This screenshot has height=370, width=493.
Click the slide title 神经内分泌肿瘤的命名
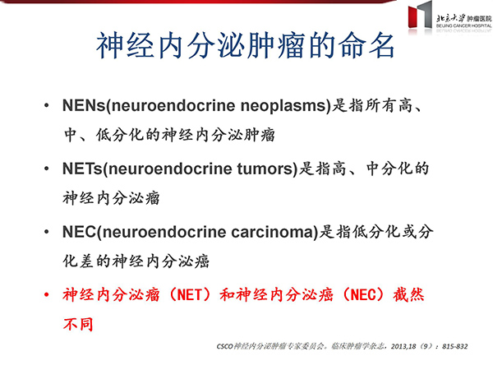pos(245,46)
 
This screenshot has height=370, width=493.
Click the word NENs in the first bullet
pos(85,105)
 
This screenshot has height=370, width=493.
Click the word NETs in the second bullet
pos(82,169)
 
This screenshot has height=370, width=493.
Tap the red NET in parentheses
pos(190,295)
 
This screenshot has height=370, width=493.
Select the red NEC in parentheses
pos(362,295)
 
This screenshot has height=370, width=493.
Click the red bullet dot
pos(47,295)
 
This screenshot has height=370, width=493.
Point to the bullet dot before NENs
pos(47,105)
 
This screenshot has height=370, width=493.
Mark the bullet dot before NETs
pos(47,169)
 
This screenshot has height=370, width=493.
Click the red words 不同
pos(78,324)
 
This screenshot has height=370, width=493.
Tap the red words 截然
pos(408,295)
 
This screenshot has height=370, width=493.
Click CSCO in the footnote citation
pos(225,346)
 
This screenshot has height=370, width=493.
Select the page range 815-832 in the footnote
pos(455,346)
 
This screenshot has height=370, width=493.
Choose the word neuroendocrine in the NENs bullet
pos(173,105)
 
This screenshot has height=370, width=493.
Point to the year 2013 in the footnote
pos(399,346)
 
